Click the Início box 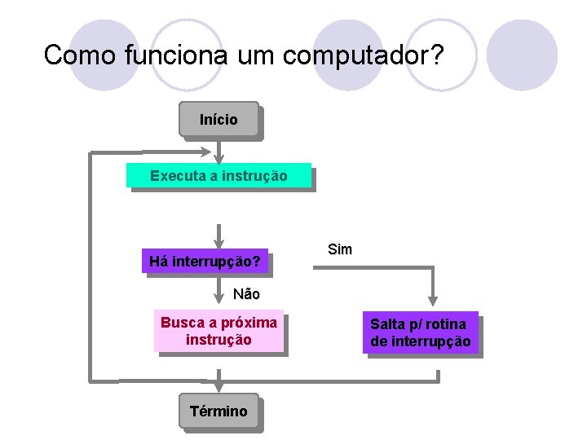click(218, 119)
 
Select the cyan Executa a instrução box click(218, 175)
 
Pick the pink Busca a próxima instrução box click(218, 331)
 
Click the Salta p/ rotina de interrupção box click(420, 333)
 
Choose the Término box click(218, 411)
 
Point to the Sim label click(339, 249)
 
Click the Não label click(246, 293)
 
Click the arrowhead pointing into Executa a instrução click(218, 158)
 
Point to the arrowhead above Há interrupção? click(218, 242)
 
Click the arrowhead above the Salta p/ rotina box click(433, 300)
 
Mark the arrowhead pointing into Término click(218, 389)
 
